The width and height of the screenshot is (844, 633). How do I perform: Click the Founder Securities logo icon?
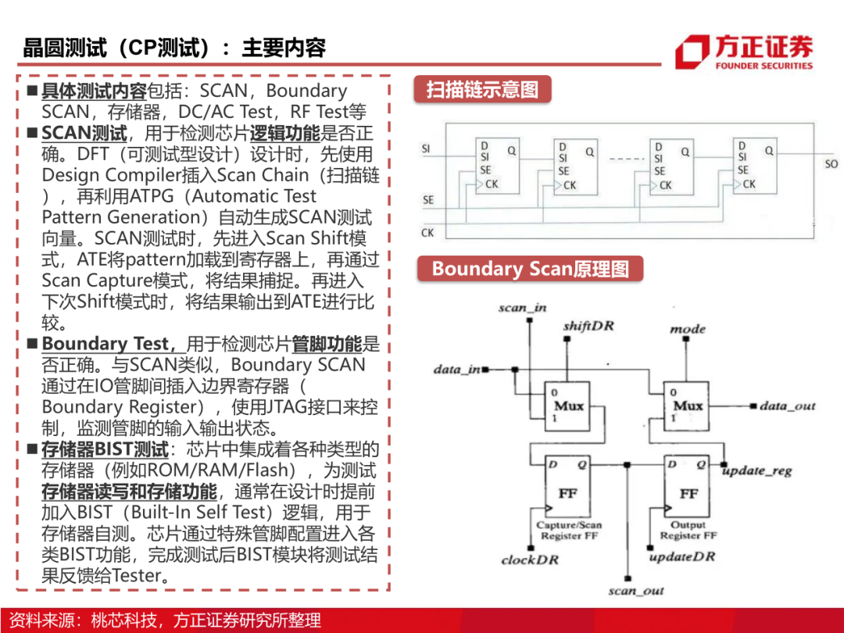click(692, 52)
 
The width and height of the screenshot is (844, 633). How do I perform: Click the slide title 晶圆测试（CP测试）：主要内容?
click(173, 48)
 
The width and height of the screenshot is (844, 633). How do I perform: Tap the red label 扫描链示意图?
click(482, 90)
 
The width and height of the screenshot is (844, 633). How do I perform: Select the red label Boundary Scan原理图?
click(530, 270)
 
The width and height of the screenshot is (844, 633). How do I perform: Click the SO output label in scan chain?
click(831, 164)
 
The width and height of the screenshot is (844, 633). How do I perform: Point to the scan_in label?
click(523, 308)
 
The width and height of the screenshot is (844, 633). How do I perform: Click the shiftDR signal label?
click(588, 325)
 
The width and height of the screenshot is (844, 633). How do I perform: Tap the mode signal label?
click(688, 329)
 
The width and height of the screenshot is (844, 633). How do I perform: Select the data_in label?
click(457, 369)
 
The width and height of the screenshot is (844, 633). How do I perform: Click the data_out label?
click(787, 406)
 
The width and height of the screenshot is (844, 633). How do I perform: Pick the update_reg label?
click(757, 471)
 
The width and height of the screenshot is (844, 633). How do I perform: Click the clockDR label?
click(529, 560)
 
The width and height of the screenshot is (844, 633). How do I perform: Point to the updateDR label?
click(682, 556)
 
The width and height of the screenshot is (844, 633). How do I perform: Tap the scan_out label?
click(636, 591)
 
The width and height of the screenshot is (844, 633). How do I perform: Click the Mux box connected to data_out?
click(688, 406)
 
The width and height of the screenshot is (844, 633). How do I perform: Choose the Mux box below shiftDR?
click(568, 406)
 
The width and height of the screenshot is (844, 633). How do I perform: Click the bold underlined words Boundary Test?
click(105, 344)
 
